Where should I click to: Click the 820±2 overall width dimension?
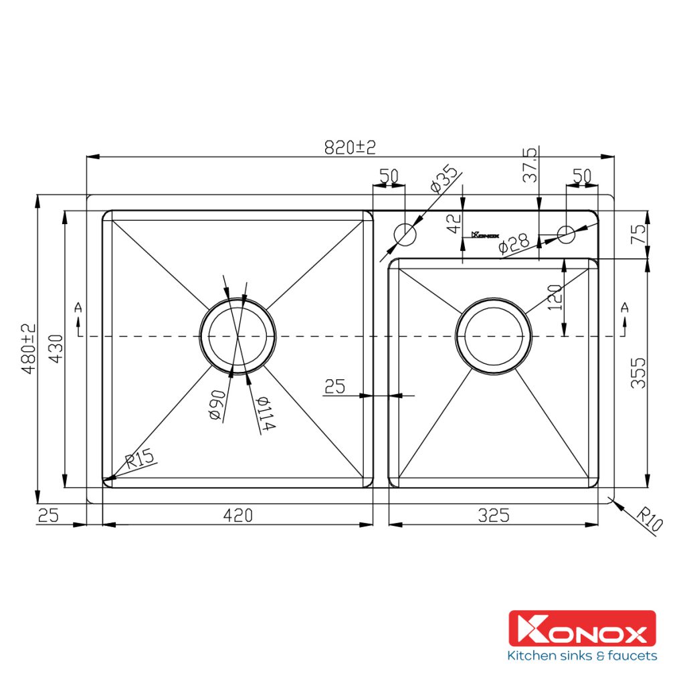pyautogui.click(x=350, y=148)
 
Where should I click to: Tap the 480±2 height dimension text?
pyautogui.click(x=29, y=349)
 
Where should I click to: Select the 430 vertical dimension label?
pyautogui.click(x=56, y=349)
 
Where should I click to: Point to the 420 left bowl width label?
pyautogui.click(x=238, y=516)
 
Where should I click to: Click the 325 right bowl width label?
pyautogui.click(x=494, y=516)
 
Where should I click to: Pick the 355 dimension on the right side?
pyautogui.click(x=638, y=373)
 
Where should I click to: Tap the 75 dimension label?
pyautogui.click(x=639, y=234)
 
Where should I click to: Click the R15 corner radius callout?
pyautogui.click(x=140, y=459)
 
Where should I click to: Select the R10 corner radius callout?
pyautogui.click(x=650, y=518)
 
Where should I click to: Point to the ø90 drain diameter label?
pyautogui.click(x=217, y=405)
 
